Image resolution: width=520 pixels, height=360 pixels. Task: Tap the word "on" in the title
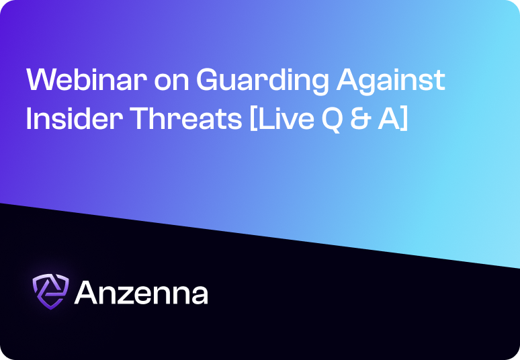pyautogui.click(x=172, y=83)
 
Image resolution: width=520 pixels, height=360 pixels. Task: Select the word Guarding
pyautogui.click(x=263, y=82)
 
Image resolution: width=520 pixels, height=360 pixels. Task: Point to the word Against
pyautogui.click(x=390, y=82)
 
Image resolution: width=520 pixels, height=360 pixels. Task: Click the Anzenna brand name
pyautogui.click(x=141, y=292)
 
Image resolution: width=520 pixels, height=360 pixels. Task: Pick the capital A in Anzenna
pyautogui.click(x=87, y=292)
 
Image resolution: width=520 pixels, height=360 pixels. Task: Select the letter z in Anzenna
pyautogui.click(x=129, y=295)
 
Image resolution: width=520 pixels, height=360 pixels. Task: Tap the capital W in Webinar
pyautogui.click(x=43, y=79)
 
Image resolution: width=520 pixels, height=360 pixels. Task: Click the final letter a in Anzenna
pyautogui.click(x=199, y=296)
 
